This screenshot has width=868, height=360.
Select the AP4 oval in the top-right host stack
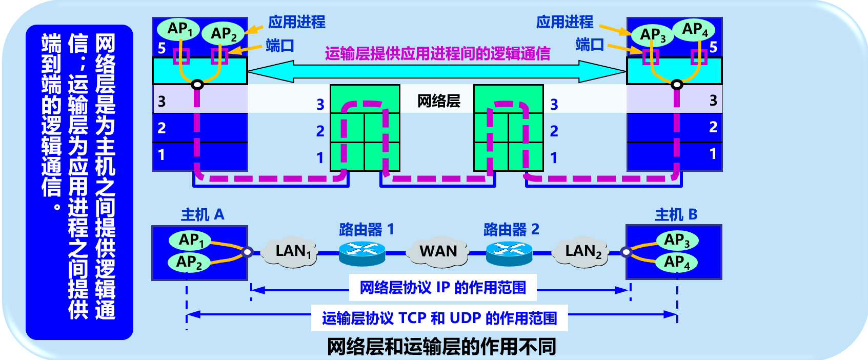tap(694, 29)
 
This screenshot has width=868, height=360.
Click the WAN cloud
tap(438, 251)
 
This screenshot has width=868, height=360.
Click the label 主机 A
tap(203, 214)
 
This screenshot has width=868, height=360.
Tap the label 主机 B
tap(676, 214)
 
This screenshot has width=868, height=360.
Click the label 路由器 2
tap(511, 229)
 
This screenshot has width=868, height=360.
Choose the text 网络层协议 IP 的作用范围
tap(442, 288)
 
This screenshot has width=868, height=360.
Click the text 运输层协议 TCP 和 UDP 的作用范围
tap(439, 318)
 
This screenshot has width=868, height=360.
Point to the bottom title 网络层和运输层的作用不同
tap(441, 347)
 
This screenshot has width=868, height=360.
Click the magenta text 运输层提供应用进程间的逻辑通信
tap(437, 53)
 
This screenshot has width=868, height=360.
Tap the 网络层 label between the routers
tap(438, 101)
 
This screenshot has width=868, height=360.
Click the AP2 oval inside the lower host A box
tap(189, 262)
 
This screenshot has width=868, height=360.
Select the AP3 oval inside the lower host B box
tap(677, 240)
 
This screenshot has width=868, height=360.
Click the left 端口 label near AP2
tap(279, 46)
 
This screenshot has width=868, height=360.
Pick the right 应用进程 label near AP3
tap(564, 22)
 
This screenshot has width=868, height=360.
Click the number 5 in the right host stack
tap(713, 48)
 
